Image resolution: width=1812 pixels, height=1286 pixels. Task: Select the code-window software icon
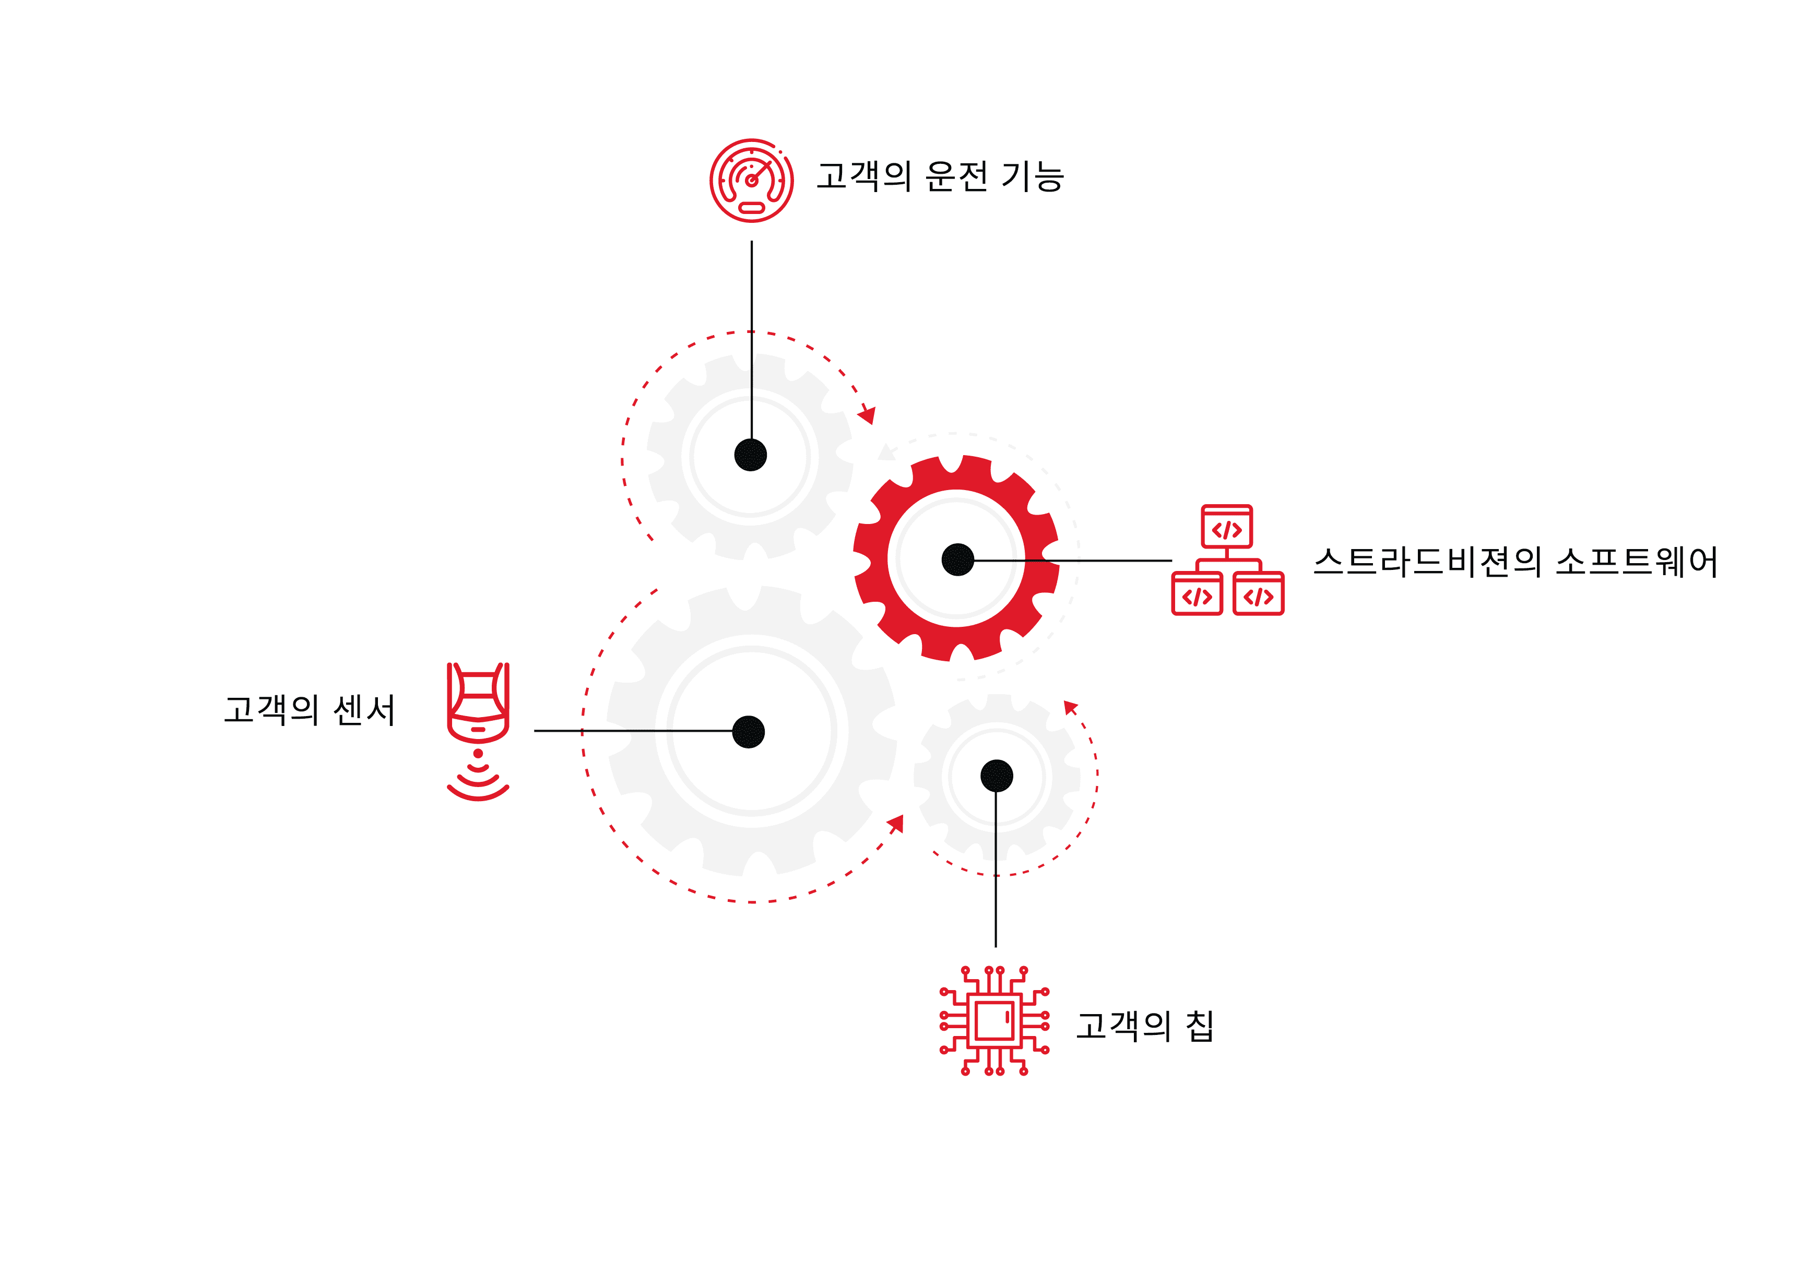[1227, 560]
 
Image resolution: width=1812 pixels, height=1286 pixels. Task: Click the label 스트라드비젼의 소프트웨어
[1515, 562]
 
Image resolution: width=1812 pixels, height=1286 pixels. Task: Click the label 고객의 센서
[309, 709]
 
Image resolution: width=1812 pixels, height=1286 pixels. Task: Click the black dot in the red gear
[957, 560]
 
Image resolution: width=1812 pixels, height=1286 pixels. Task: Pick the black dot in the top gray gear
[750, 455]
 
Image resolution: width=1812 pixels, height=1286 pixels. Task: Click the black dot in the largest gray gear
[749, 732]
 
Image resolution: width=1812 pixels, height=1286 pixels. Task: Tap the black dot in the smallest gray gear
[996, 776]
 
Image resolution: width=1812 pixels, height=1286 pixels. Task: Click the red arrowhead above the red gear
[867, 415]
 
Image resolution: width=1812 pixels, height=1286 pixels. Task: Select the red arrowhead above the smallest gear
[1070, 707]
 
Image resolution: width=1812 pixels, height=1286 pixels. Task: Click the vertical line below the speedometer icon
[752, 340]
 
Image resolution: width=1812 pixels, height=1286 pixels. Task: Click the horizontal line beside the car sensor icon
[634, 731]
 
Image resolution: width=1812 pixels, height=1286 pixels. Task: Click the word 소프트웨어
[1636, 562]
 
